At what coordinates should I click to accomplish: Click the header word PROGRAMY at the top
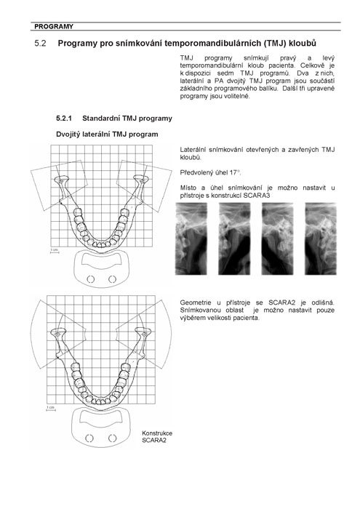(x=54, y=27)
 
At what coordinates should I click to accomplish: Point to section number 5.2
(x=40, y=43)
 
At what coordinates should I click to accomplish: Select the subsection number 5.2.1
(x=64, y=119)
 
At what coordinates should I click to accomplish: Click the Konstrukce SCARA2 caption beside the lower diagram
(x=157, y=436)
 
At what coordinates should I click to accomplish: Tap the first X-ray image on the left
(x=191, y=239)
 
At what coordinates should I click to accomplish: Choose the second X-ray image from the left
(x=234, y=239)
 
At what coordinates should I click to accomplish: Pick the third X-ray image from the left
(x=278, y=239)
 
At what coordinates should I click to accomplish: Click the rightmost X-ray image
(x=321, y=239)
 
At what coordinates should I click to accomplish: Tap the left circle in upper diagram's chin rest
(x=91, y=278)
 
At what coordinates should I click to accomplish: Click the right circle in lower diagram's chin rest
(x=112, y=438)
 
